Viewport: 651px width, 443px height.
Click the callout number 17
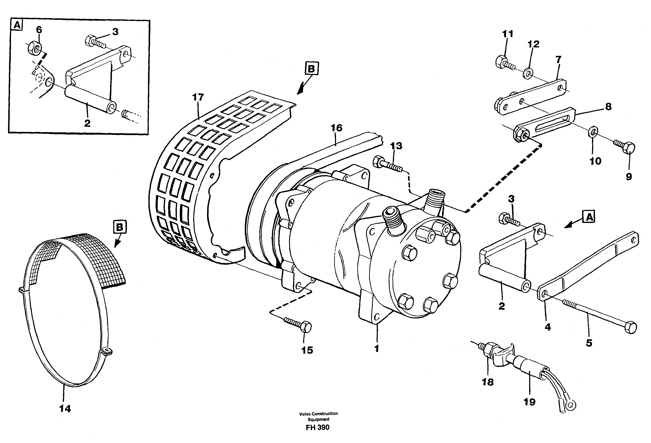pyautogui.click(x=198, y=97)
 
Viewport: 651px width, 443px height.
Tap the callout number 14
pyautogui.click(x=65, y=409)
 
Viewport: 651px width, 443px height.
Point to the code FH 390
pyautogui.click(x=318, y=427)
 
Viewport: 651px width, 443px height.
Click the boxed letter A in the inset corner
pyautogui.click(x=17, y=26)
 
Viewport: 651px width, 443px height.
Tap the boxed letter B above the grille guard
pyautogui.click(x=312, y=69)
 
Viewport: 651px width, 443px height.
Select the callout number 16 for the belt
pyautogui.click(x=336, y=128)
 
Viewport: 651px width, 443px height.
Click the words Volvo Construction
pyautogui.click(x=318, y=413)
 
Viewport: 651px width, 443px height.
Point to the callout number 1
pyautogui.click(x=377, y=348)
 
